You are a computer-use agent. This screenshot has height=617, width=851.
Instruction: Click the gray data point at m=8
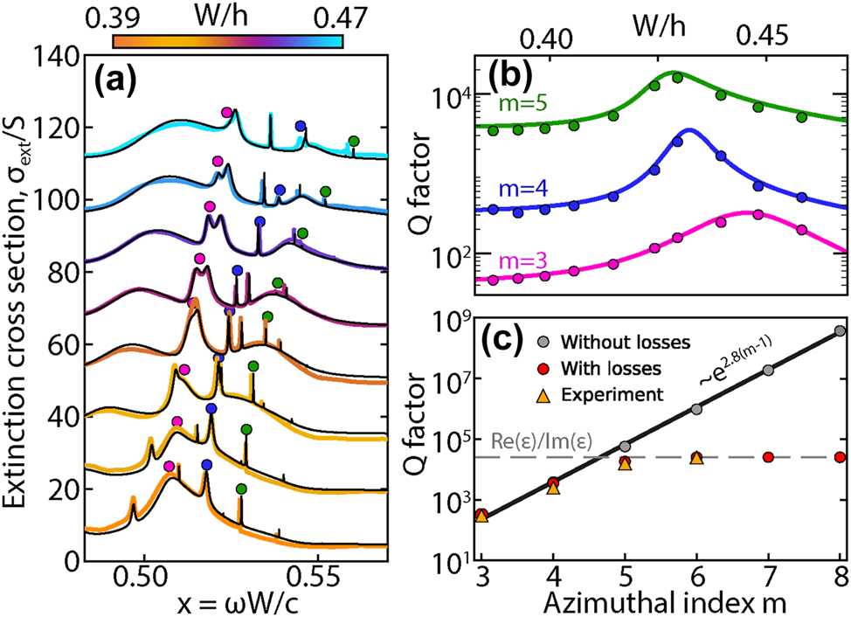[x=840, y=331]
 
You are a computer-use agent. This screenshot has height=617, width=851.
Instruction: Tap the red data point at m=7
[x=768, y=457]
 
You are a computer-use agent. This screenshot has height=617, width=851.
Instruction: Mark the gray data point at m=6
[x=696, y=409]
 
